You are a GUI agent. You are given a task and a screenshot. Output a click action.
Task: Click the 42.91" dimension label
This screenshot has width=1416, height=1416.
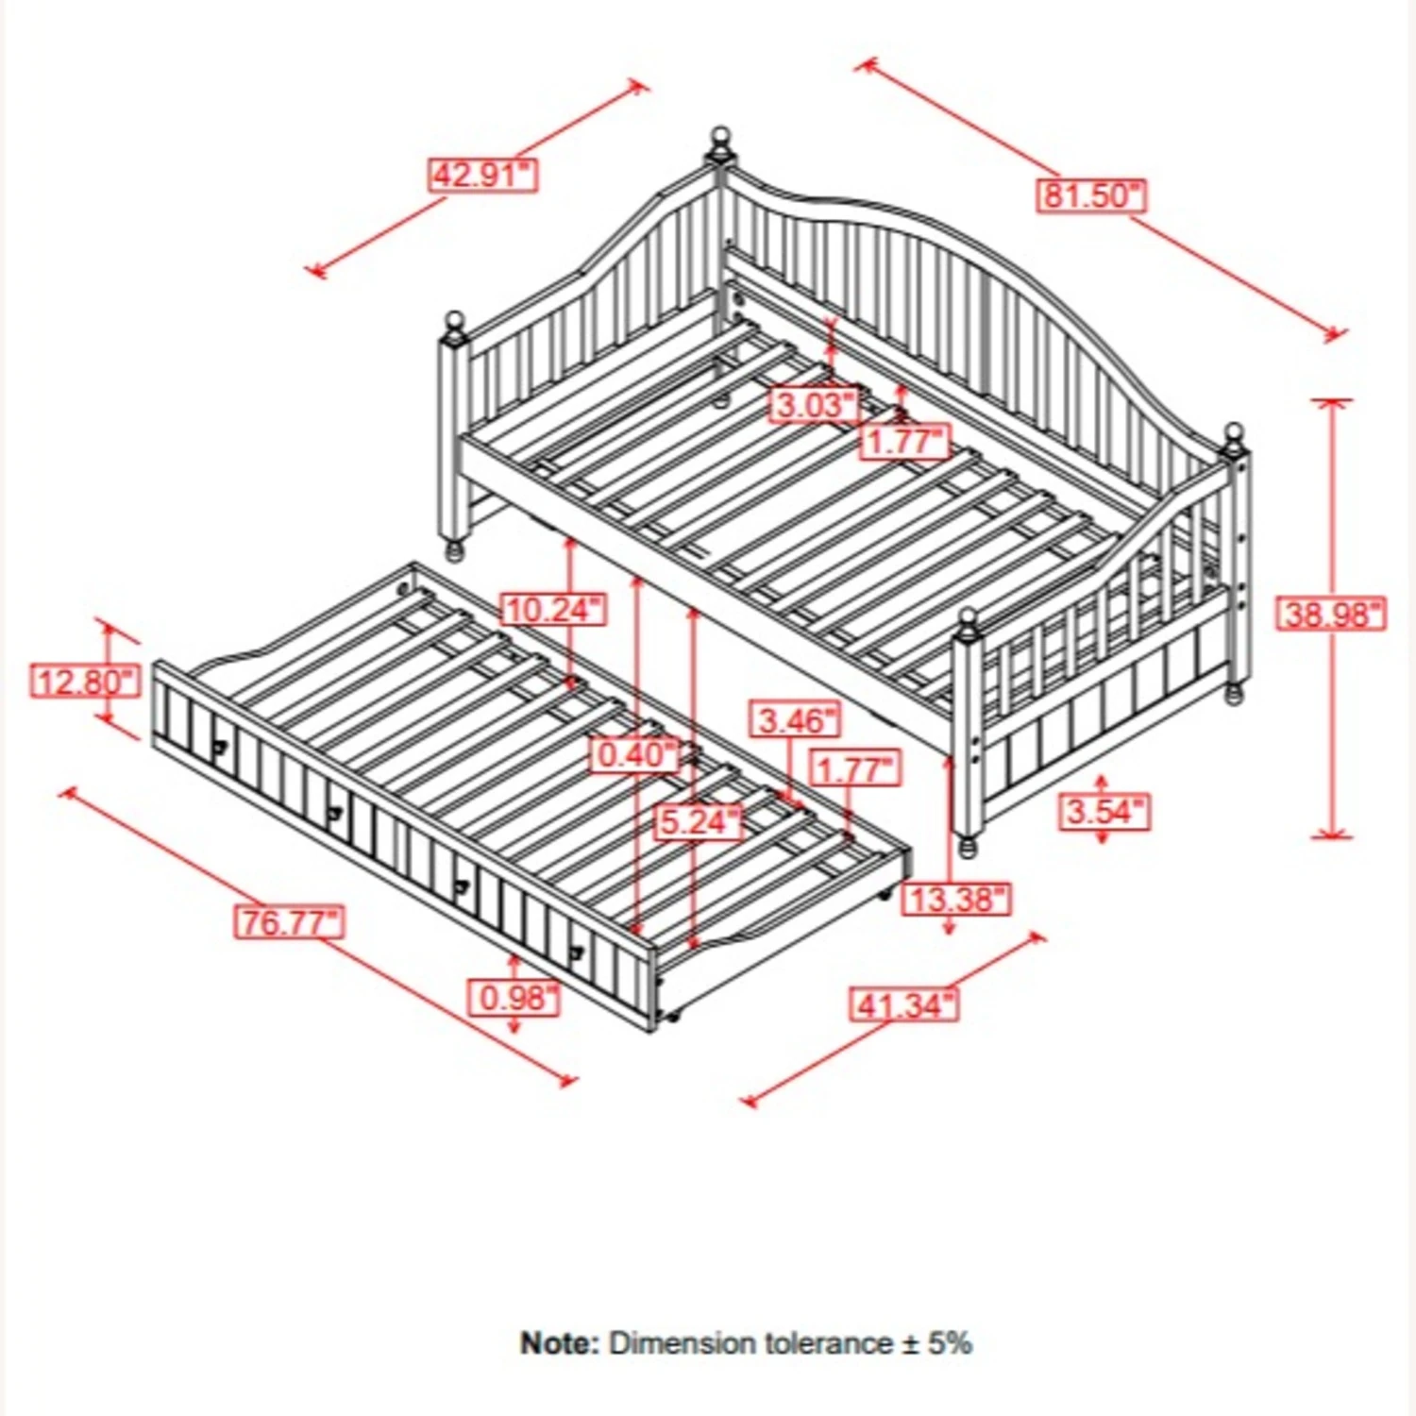482,176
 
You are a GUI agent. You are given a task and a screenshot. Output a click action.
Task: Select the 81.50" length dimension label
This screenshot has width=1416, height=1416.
1091,195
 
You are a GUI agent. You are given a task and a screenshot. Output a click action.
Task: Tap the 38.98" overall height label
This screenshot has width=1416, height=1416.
1332,615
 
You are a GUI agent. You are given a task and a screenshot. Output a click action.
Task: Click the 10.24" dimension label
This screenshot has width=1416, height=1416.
553,610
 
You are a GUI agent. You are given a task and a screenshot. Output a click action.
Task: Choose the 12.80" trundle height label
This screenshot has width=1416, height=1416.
85,681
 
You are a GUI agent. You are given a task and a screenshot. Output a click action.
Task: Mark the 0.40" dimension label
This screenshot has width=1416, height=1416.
638,754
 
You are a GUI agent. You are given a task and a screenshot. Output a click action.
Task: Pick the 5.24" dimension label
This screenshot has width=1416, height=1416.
700,822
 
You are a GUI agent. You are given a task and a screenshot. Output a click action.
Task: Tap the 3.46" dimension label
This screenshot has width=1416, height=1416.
796,720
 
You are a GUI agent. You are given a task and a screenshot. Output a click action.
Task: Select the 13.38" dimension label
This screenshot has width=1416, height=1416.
957,899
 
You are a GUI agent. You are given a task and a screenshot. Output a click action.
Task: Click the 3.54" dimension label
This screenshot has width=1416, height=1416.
1104,812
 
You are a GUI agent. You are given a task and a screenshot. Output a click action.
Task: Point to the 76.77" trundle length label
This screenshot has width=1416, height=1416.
289,921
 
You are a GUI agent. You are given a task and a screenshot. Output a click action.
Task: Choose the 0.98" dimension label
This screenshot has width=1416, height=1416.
515,998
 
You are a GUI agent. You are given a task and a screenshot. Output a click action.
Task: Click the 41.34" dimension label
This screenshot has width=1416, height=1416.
904,1004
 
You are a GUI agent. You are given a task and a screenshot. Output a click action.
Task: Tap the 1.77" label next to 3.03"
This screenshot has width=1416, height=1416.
904,442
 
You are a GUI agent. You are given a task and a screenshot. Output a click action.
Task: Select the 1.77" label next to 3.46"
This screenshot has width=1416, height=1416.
855,769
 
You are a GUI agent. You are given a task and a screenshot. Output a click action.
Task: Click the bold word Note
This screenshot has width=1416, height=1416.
559,1343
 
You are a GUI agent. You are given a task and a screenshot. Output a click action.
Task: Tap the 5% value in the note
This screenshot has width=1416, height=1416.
950,1343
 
